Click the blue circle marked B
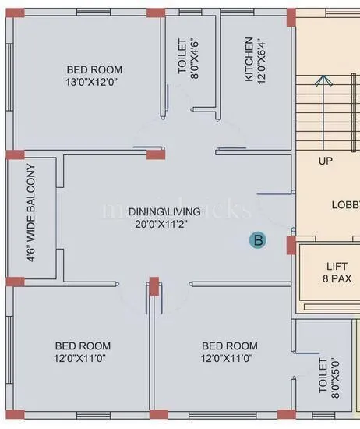[256, 240]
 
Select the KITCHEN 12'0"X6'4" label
[255, 58]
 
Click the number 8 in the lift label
[319, 278]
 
